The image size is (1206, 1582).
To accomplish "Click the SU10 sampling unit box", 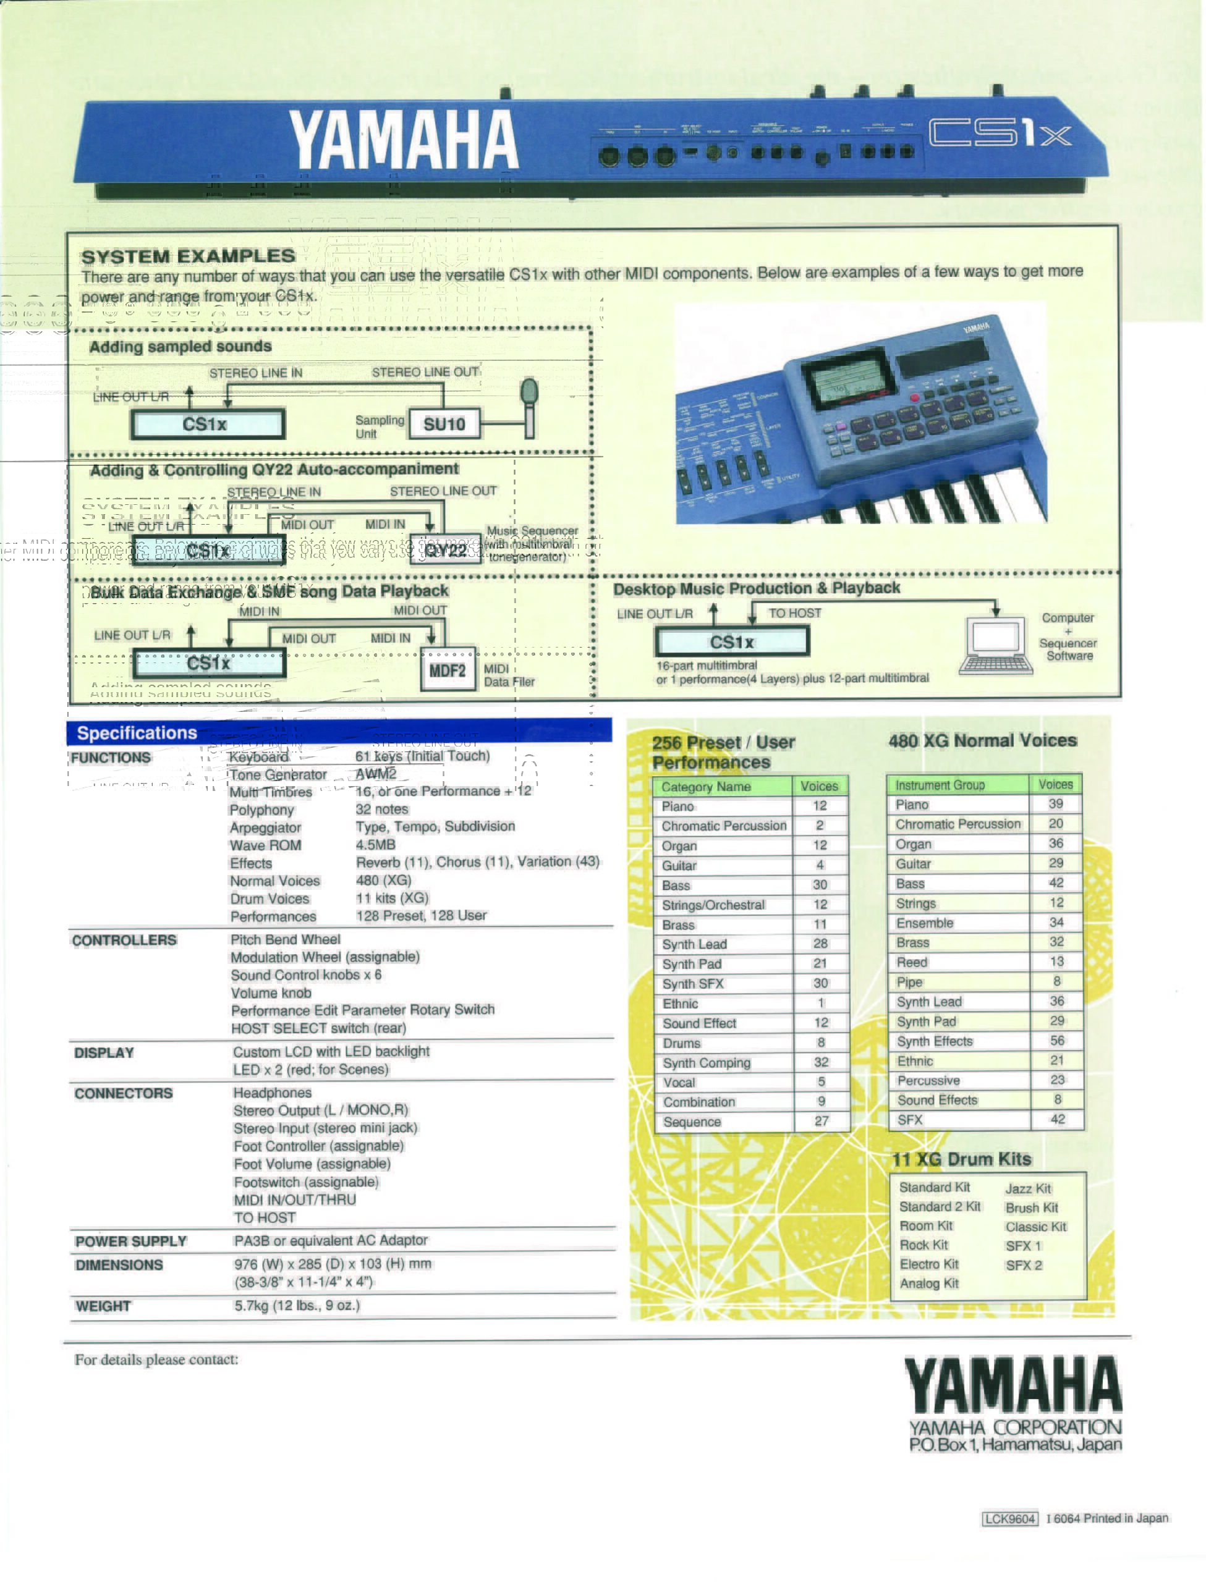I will (x=444, y=424).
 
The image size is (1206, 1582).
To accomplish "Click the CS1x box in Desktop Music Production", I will (x=731, y=641).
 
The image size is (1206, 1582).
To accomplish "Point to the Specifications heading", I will (x=137, y=732).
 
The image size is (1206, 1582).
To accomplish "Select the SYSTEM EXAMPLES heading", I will (x=188, y=256).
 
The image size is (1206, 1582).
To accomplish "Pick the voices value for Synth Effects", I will (x=1056, y=1040).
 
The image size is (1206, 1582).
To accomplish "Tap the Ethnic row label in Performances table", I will (x=681, y=1004).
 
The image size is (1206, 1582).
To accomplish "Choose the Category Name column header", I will (x=707, y=786).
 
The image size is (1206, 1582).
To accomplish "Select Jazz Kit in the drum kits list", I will (x=1028, y=1189).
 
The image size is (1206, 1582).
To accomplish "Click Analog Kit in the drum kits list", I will (x=929, y=1284).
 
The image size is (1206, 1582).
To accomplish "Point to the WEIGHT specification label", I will (x=103, y=1306).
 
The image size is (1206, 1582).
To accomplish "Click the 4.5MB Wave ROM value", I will (x=375, y=844).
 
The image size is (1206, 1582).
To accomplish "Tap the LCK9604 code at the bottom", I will (x=1009, y=1518).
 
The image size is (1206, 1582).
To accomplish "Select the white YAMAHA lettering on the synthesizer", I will (x=404, y=140).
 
